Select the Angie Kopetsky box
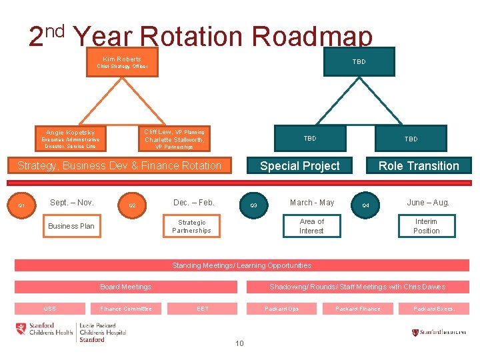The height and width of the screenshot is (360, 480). click(71, 139)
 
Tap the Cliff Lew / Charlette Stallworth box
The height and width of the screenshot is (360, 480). click(175, 139)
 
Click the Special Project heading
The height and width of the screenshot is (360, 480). click(299, 166)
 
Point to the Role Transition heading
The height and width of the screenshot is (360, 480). click(419, 166)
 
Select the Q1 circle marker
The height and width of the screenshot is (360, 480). click(21, 205)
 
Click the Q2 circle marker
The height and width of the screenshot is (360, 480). click(132, 205)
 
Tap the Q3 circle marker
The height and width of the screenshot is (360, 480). click(253, 205)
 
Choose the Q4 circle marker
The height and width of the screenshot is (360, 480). click(365, 205)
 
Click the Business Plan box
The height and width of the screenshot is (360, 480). click(71, 226)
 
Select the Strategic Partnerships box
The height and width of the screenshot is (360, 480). click(191, 226)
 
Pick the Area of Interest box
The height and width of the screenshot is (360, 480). click(311, 226)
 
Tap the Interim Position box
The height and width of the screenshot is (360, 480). click(426, 226)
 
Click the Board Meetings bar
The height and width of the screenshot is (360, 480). click(126, 287)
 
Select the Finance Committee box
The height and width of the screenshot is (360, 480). click(126, 309)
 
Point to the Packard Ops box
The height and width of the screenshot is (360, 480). click(281, 309)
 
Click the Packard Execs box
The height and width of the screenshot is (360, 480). click(433, 309)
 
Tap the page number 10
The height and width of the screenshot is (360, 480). click(239, 343)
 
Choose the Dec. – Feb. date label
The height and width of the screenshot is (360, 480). click(193, 203)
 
